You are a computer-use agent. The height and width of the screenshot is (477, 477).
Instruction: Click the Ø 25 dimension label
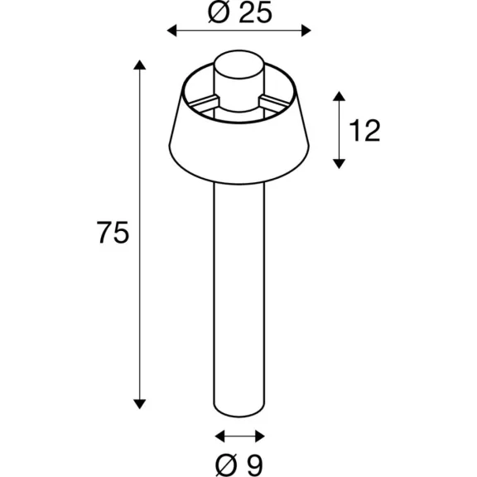[239, 13]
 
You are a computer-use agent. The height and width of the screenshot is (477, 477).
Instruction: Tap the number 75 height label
[113, 233]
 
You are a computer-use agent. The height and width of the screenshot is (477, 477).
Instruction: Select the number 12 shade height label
[364, 130]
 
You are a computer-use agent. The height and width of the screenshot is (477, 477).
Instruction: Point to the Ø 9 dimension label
[239, 465]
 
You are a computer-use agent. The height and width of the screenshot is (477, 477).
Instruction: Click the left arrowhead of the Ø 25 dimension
[172, 31]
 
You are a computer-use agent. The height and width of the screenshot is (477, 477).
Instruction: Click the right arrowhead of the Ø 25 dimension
[306, 31]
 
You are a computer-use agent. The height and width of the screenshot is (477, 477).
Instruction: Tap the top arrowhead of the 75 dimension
[140, 65]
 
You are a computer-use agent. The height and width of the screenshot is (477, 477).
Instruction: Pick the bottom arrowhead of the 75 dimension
[140, 404]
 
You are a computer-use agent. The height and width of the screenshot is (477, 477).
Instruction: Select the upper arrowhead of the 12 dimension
[339, 96]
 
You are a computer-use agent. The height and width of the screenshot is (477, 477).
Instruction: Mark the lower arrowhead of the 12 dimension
[339, 164]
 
